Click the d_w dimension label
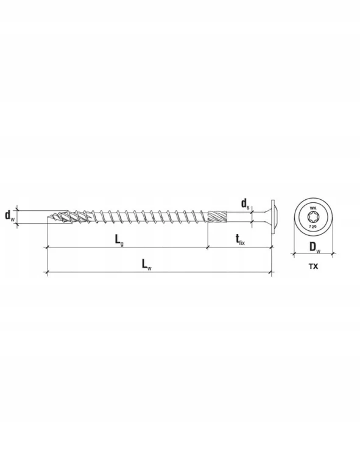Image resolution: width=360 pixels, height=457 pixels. (9, 216)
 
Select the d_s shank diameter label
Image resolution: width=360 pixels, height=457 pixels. (245, 204)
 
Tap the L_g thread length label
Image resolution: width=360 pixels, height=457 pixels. (119, 240)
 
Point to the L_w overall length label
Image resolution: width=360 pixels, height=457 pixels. (147, 264)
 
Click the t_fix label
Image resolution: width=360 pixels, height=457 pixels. (240, 239)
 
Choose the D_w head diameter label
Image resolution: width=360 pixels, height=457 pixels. (314, 247)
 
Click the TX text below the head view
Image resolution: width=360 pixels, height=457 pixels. (313, 266)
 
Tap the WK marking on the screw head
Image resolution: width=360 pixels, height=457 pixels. (313, 208)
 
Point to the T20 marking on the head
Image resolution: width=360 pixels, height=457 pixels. (313, 226)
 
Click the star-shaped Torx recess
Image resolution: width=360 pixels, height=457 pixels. (313, 217)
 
